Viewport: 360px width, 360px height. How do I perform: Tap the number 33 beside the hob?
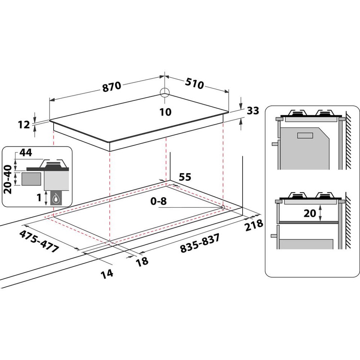click(253, 111)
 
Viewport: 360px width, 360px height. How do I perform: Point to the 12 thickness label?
click(24, 124)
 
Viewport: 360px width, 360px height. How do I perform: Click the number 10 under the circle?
click(165, 112)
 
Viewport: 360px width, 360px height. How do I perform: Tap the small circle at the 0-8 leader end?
click(223, 207)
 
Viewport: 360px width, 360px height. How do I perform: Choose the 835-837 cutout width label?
click(199, 243)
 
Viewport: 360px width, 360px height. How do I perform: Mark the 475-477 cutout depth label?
click(39, 241)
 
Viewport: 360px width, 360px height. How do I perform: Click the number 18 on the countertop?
click(142, 261)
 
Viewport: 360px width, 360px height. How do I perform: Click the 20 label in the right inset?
click(310, 213)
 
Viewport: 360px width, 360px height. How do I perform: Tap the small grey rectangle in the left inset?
click(31, 179)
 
